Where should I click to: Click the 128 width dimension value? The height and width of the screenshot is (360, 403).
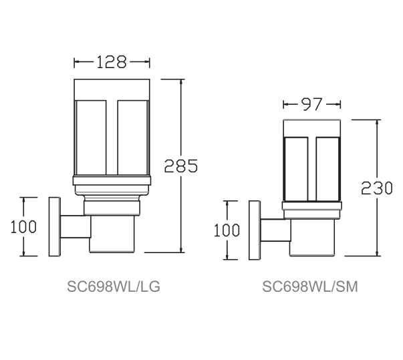[112, 62]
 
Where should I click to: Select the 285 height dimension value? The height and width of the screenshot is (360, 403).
[181, 166]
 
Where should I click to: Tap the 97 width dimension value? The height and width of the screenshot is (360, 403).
[311, 104]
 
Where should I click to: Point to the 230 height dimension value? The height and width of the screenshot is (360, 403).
[377, 188]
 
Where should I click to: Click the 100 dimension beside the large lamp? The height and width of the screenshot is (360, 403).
[23, 226]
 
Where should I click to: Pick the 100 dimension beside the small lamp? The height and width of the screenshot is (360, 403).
[227, 230]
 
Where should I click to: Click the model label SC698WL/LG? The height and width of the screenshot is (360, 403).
[114, 287]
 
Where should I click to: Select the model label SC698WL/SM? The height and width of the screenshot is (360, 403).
[310, 287]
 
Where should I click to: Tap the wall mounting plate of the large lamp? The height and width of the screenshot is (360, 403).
[55, 226]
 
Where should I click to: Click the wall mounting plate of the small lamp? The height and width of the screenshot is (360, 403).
[255, 230]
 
